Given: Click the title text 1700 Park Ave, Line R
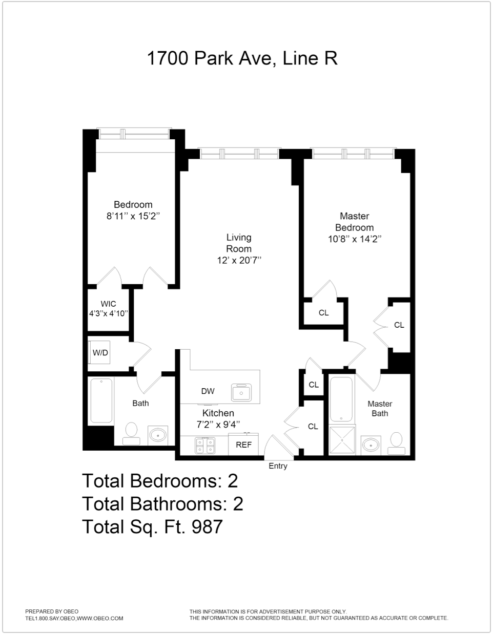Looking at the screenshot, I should pyautogui.click(x=242, y=58).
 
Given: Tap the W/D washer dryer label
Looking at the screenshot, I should pyautogui.click(x=100, y=353).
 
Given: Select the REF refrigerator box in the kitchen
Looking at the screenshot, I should pyautogui.click(x=243, y=444).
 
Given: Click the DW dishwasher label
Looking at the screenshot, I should pyautogui.click(x=208, y=391).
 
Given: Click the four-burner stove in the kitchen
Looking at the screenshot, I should pyautogui.click(x=204, y=446).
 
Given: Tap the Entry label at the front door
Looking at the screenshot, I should pyautogui.click(x=278, y=466).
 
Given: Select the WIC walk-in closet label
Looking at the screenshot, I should pyautogui.click(x=108, y=304).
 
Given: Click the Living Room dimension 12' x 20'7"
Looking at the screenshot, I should pyautogui.click(x=239, y=260).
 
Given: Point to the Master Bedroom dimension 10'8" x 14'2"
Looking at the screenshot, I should pyautogui.click(x=354, y=239).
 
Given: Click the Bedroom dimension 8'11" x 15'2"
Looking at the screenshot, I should pyautogui.click(x=133, y=216).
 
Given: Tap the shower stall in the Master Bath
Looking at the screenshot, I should pyautogui.click(x=341, y=440).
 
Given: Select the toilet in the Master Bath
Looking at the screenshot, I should pyautogui.click(x=396, y=442).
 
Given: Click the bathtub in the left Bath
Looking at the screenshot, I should pyautogui.click(x=101, y=400).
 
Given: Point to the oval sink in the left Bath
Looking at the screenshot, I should pyautogui.click(x=158, y=436).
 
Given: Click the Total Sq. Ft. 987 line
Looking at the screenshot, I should pyautogui.click(x=152, y=526).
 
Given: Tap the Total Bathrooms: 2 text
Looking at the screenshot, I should pyautogui.click(x=162, y=504).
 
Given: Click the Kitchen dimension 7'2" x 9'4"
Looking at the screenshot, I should pyautogui.click(x=218, y=424).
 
